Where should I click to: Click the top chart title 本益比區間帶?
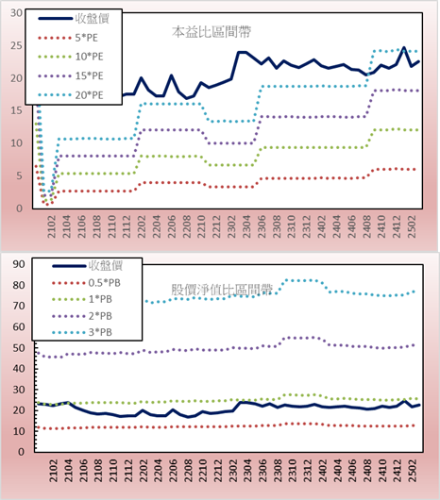coord(212,32)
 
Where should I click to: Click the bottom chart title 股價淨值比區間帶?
coord(222,290)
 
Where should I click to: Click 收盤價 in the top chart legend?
coord(93,18)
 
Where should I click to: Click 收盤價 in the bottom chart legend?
coord(106,265)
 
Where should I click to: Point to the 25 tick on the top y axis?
coord(16,45)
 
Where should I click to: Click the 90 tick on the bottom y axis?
coord(19,264)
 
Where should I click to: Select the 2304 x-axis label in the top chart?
coord(246,226)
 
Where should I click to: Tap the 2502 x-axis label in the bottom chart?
coord(414,471)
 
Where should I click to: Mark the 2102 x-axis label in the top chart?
coord(51,226)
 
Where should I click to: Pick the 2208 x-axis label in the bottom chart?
coord(188,471)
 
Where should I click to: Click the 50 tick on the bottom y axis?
coord(19,347)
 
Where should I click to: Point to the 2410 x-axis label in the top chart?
coord(381,226)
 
